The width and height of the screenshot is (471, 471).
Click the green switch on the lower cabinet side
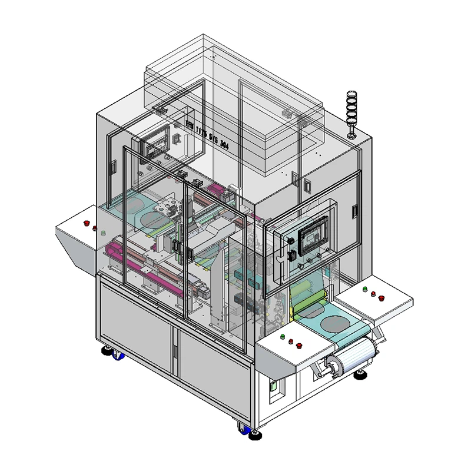point(273,386)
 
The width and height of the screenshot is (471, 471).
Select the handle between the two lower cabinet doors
point(174,353)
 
